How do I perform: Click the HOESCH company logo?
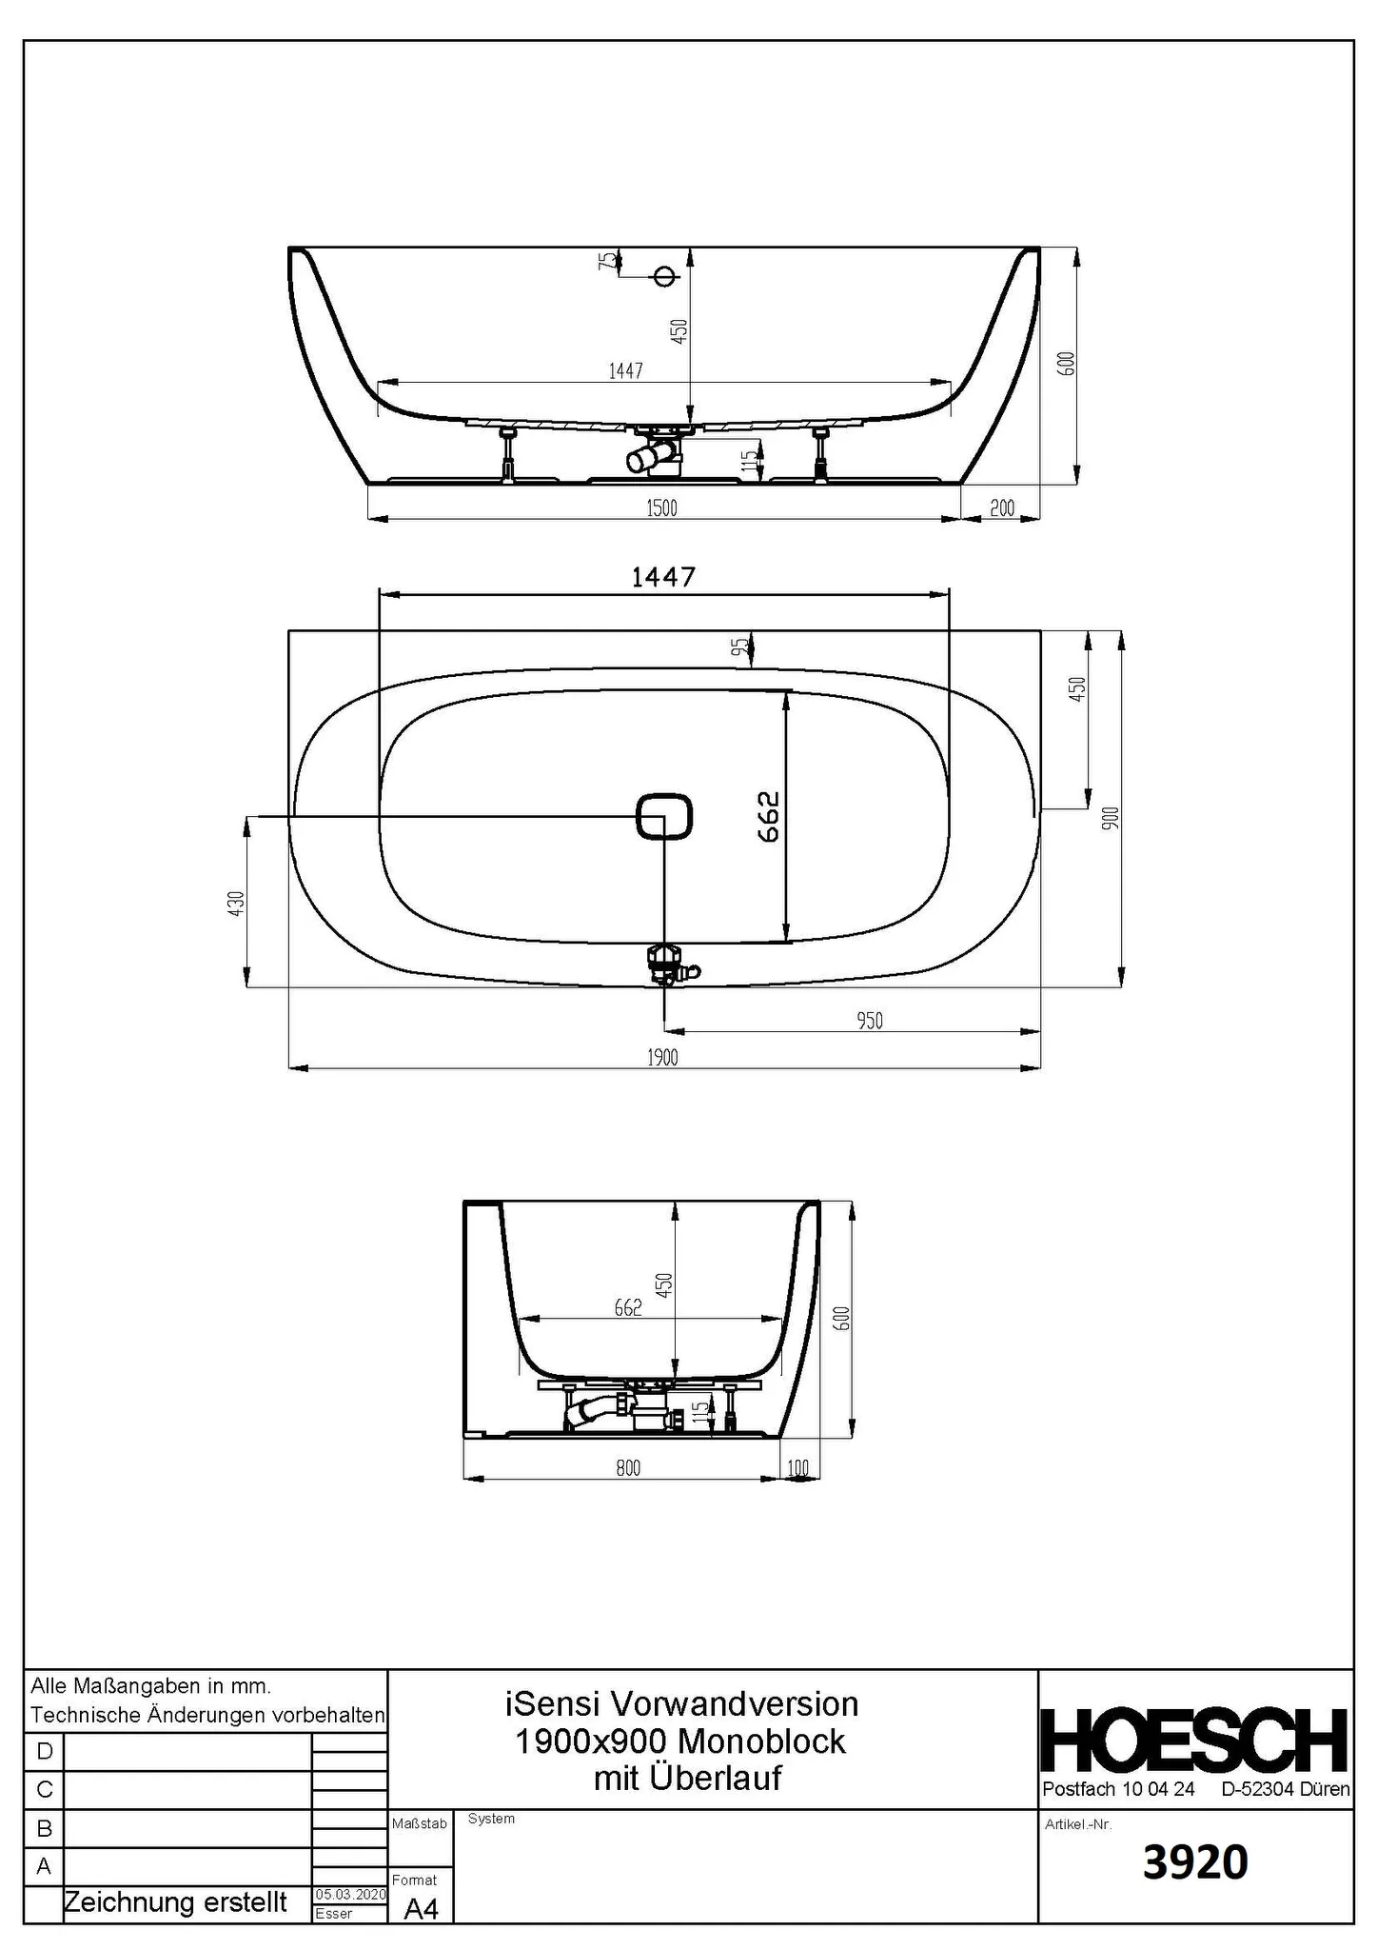coord(1195,1740)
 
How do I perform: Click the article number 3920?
coord(1195,1864)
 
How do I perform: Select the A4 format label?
coord(421,1909)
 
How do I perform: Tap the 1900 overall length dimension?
coord(663,1057)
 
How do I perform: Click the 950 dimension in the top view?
coord(870,1021)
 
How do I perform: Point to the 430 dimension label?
coord(236,902)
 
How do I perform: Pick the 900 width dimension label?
coord(1111,818)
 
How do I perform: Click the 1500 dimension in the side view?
coord(661,507)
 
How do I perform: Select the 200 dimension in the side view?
coord(1002,508)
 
